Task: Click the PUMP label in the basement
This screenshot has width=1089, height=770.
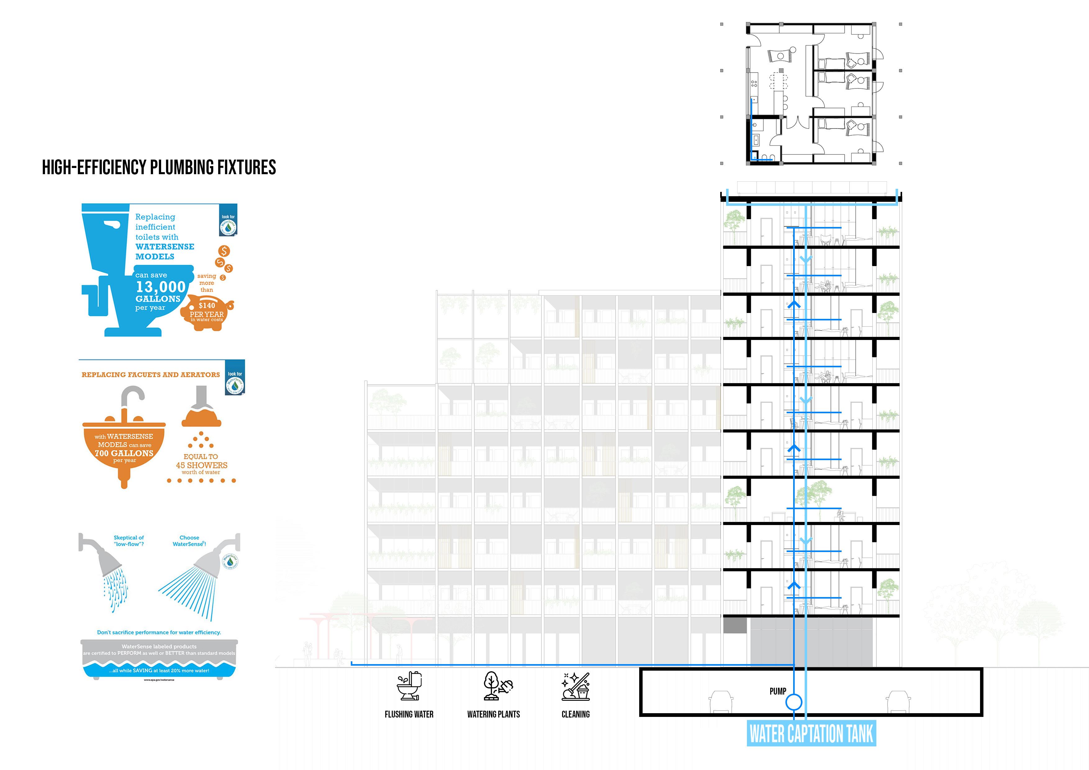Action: (x=778, y=691)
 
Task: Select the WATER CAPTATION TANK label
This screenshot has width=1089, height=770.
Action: (x=811, y=733)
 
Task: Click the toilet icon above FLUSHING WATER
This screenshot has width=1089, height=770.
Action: (x=409, y=686)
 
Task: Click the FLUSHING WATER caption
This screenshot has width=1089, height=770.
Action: (x=409, y=714)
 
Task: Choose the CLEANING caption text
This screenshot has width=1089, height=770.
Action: (x=575, y=714)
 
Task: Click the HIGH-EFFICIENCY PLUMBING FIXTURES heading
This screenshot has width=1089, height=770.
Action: (x=159, y=167)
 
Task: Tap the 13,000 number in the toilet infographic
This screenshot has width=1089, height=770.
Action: (x=160, y=287)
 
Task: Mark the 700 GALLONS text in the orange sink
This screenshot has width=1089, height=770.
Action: (x=124, y=453)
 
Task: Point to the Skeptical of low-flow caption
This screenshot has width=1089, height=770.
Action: (x=129, y=541)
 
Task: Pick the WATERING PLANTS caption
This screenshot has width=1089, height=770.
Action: (x=493, y=714)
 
